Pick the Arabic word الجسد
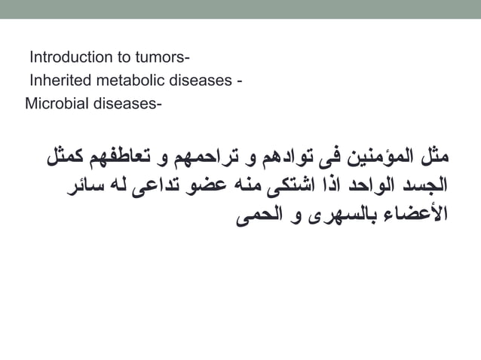coord(425,184)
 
